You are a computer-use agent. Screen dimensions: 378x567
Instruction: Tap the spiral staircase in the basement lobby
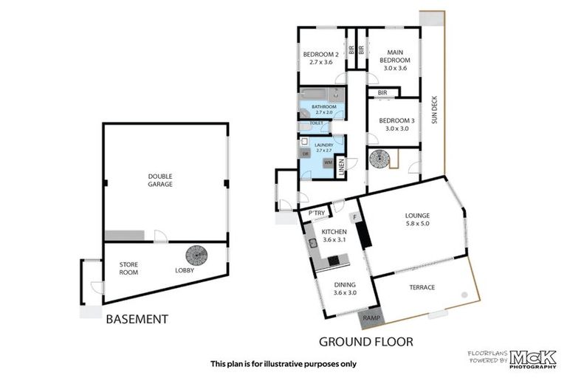click(x=196, y=255)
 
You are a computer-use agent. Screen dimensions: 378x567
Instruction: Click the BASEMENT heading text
click(x=137, y=320)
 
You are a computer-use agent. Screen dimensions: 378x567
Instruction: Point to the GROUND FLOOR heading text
click(x=365, y=342)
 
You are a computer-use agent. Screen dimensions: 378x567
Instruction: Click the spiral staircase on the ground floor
click(x=382, y=159)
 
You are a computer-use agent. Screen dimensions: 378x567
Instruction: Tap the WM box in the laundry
click(x=327, y=162)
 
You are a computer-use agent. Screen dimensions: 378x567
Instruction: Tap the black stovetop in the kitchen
click(x=338, y=260)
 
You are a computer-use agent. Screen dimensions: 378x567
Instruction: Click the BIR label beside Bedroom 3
click(x=382, y=92)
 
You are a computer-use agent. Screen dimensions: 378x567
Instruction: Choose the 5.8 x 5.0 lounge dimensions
click(x=416, y=223)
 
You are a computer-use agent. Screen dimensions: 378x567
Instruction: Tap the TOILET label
click(x=316, y=123)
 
